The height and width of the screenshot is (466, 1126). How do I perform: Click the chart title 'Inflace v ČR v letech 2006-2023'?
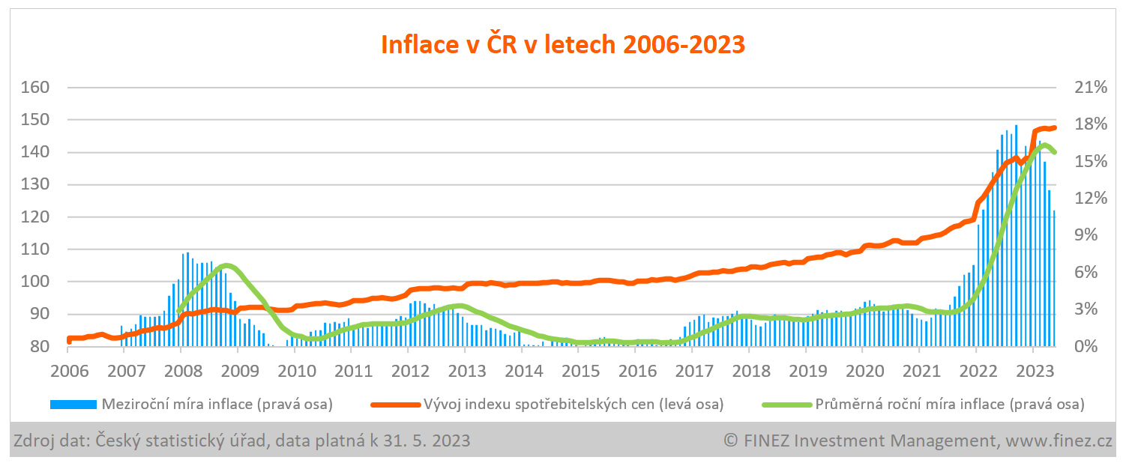563,43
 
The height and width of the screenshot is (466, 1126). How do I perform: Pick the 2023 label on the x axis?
1032,369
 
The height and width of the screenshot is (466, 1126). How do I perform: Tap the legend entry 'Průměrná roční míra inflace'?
949,405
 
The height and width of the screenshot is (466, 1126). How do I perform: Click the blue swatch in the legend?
73,405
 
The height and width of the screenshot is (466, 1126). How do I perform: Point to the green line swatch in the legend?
786,405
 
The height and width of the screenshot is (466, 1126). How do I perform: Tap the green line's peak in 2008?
227,266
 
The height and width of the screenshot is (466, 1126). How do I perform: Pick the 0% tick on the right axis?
1082,347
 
